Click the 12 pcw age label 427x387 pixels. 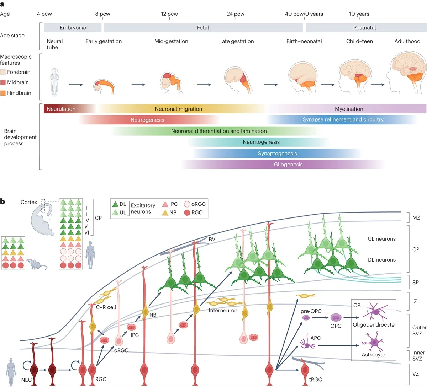pyautogui.click(x=169, y=14)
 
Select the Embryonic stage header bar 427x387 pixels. pyautogui.click(x=73, y=28)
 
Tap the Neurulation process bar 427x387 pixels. pyautogui.click(x=61, y=109)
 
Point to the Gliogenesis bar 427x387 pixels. pyautogui.click(x=288, y=165)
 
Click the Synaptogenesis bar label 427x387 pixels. pyautogui.click(x=277, y=154)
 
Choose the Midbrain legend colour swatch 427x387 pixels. pyautogui.click(x=3, y=82)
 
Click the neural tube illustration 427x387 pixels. pyautogui.click(x=54, y=82)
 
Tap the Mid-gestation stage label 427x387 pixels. pyautogui.click(x=171, y=41)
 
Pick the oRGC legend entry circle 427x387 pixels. pyautogui.click(x=187, y=204)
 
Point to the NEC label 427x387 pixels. pyautogui.click(x=26, y=380)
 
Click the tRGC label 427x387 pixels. pyautogui.click(x=315, y=380)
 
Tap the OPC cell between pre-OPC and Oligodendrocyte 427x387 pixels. pyautogui.click(x=336, y=317)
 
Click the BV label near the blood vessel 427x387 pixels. pyautogui.click(x=212, y=240)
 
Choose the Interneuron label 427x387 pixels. pyautogui.click(x=223, y=311)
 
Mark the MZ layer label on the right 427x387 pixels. pyautogui.click(x=416, y=218)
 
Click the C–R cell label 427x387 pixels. pyautogui.click(x=106, y=307)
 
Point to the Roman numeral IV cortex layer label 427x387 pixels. pyautogui.click(x=86, y=221)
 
